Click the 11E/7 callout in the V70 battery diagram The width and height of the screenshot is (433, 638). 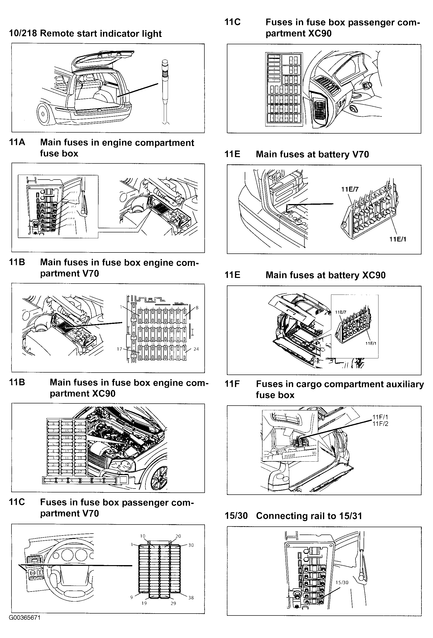click(x=350, y=189)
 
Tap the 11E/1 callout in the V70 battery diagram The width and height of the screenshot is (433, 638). click(x=398, y=239)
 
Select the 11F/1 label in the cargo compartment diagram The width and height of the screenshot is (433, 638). click(x=380, y=417)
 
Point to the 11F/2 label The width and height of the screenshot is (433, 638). click(x=380, y=424)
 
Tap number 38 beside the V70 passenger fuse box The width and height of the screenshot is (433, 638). click(x=191, y=598)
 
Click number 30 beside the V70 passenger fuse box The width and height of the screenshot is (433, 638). click(x=191, y=545)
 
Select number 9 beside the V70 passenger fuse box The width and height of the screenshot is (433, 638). click(x=132, y=597)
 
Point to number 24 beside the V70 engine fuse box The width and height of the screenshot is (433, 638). click(x=196, y=349)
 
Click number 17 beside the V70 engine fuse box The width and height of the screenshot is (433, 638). click(x=119, y=349)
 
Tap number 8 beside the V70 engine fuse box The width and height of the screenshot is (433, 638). click(x=197, y=308)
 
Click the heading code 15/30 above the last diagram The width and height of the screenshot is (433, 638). click(x=236, y=516)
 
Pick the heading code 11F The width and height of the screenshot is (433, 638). click(x=232, y=384)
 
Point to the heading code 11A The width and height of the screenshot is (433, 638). click(x=17, y=142)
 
